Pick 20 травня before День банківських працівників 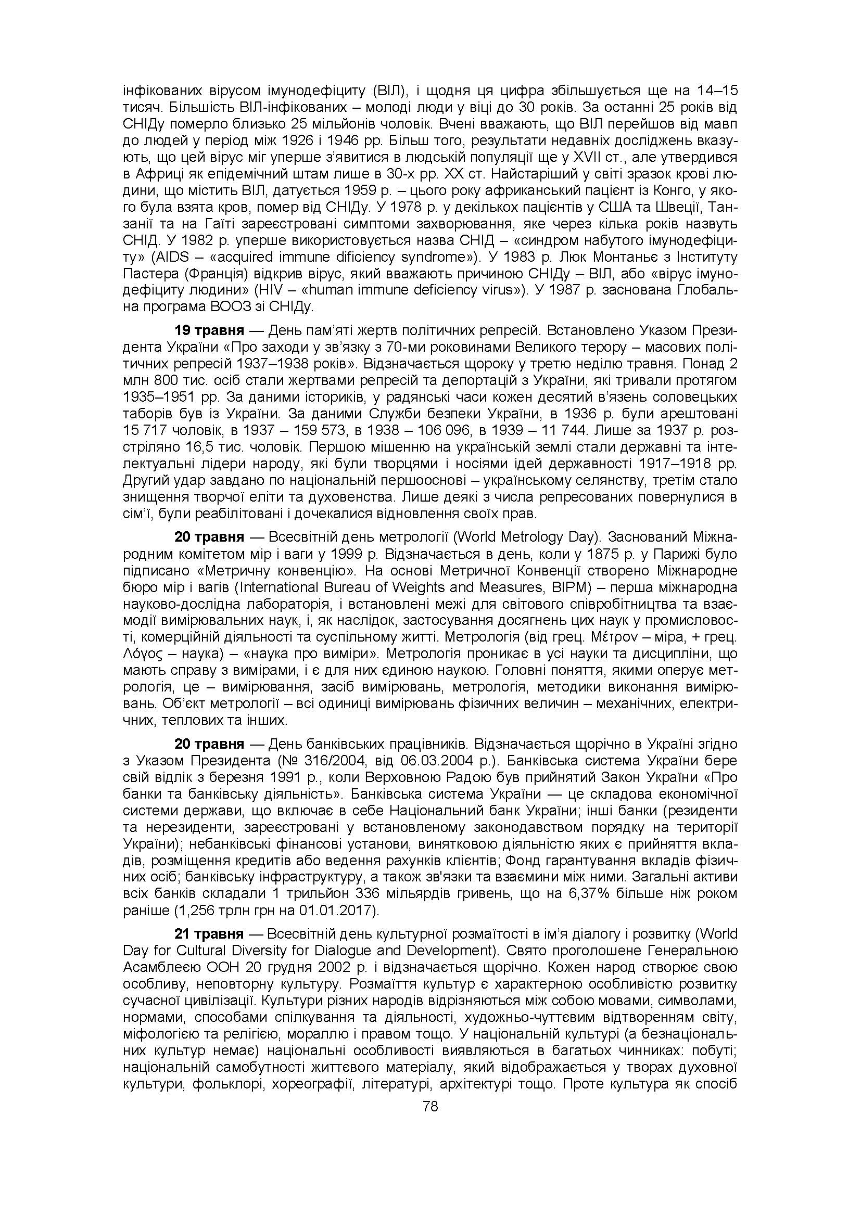click(209, 744)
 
